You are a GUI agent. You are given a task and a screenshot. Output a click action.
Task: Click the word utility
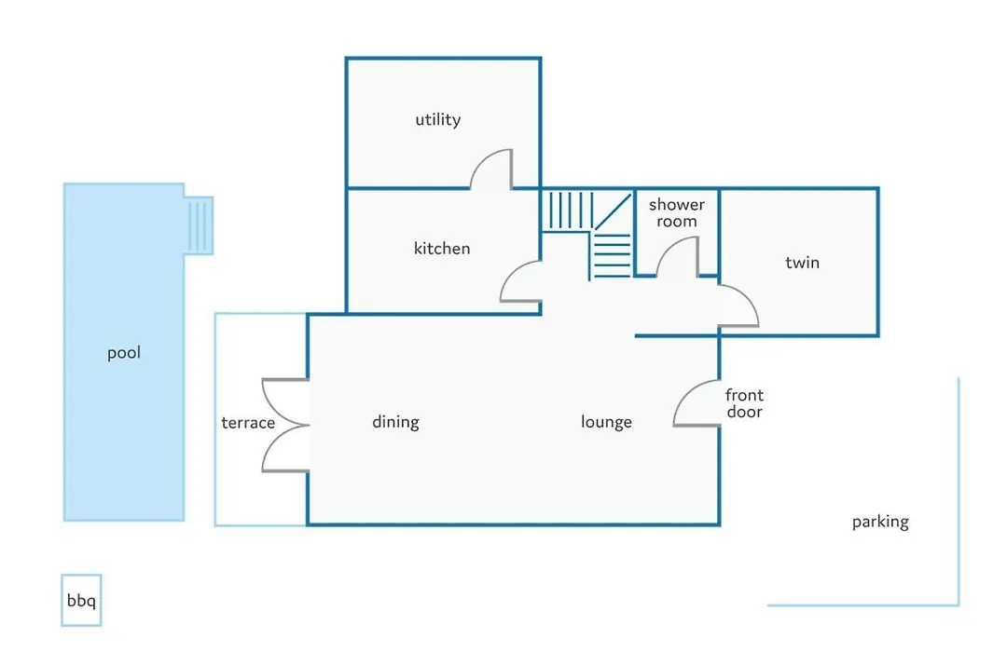pyautogui.click(x=438, y=120)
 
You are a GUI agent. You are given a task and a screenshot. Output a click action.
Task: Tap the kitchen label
pyautogui.click(x=442, y=249)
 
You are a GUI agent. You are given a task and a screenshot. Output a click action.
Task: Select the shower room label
pyautogui.click(x=677, y=213)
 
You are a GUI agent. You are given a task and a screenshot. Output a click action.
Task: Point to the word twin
pyautogui.click(x=802, y=262)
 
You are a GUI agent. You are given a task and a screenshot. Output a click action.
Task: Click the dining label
pyautogui.click(x=395, y=422)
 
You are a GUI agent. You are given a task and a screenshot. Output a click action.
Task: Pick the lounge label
pyautogui.click(x=606, y=422)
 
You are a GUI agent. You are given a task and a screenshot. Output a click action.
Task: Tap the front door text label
pyautogui.click(x=744, y=403)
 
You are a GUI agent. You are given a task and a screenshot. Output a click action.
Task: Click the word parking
pyautogui.click(x=880, y=522)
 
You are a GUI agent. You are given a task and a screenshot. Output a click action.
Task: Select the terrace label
pyautogui.click(x=248, y=423)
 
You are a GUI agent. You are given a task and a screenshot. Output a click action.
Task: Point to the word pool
pyautogui.click(x=124, y=353)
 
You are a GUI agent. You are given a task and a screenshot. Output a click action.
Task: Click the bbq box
pyautogui.click(x=81, y=600)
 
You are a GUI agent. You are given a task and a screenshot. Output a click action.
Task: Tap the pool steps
pyautogui.click(x=199, y=225)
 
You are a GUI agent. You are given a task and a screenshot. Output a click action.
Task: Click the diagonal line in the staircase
pyautogui.click(x=613, y=211)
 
